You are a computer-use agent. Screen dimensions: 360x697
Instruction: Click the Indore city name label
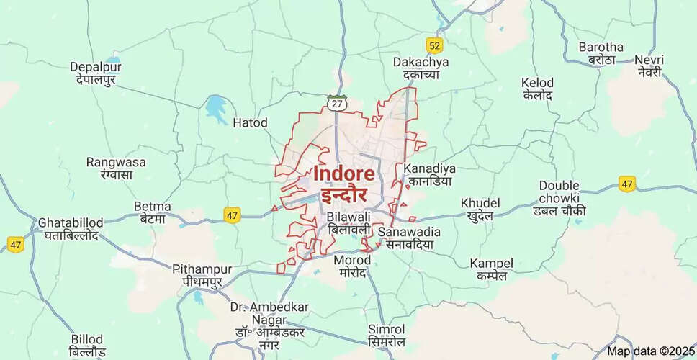coord(343,174)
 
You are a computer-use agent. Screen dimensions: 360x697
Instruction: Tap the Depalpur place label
coord(96,67)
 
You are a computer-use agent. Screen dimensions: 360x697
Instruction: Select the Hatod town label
coord(250,123)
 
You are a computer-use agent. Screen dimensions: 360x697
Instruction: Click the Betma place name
coord(153,207)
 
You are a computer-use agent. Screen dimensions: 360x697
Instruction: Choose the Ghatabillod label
coord(71,222)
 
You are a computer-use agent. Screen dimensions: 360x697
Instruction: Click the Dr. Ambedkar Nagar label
coord(270,307)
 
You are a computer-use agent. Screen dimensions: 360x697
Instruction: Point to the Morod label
coord(353,260)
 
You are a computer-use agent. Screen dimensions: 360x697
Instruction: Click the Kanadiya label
coord(430,168)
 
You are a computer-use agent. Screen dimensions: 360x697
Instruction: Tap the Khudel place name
coord(480,203)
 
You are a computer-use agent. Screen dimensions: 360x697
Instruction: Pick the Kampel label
coord(492,263)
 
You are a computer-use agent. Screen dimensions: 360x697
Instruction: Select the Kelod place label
coord(537,83)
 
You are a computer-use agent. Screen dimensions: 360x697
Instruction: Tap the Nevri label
coord(649,60)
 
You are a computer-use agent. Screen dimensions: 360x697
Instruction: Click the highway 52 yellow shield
coord(433,45)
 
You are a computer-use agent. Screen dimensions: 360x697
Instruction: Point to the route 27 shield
coord(336,103)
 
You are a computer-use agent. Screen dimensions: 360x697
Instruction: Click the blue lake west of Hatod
coord(215,109)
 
